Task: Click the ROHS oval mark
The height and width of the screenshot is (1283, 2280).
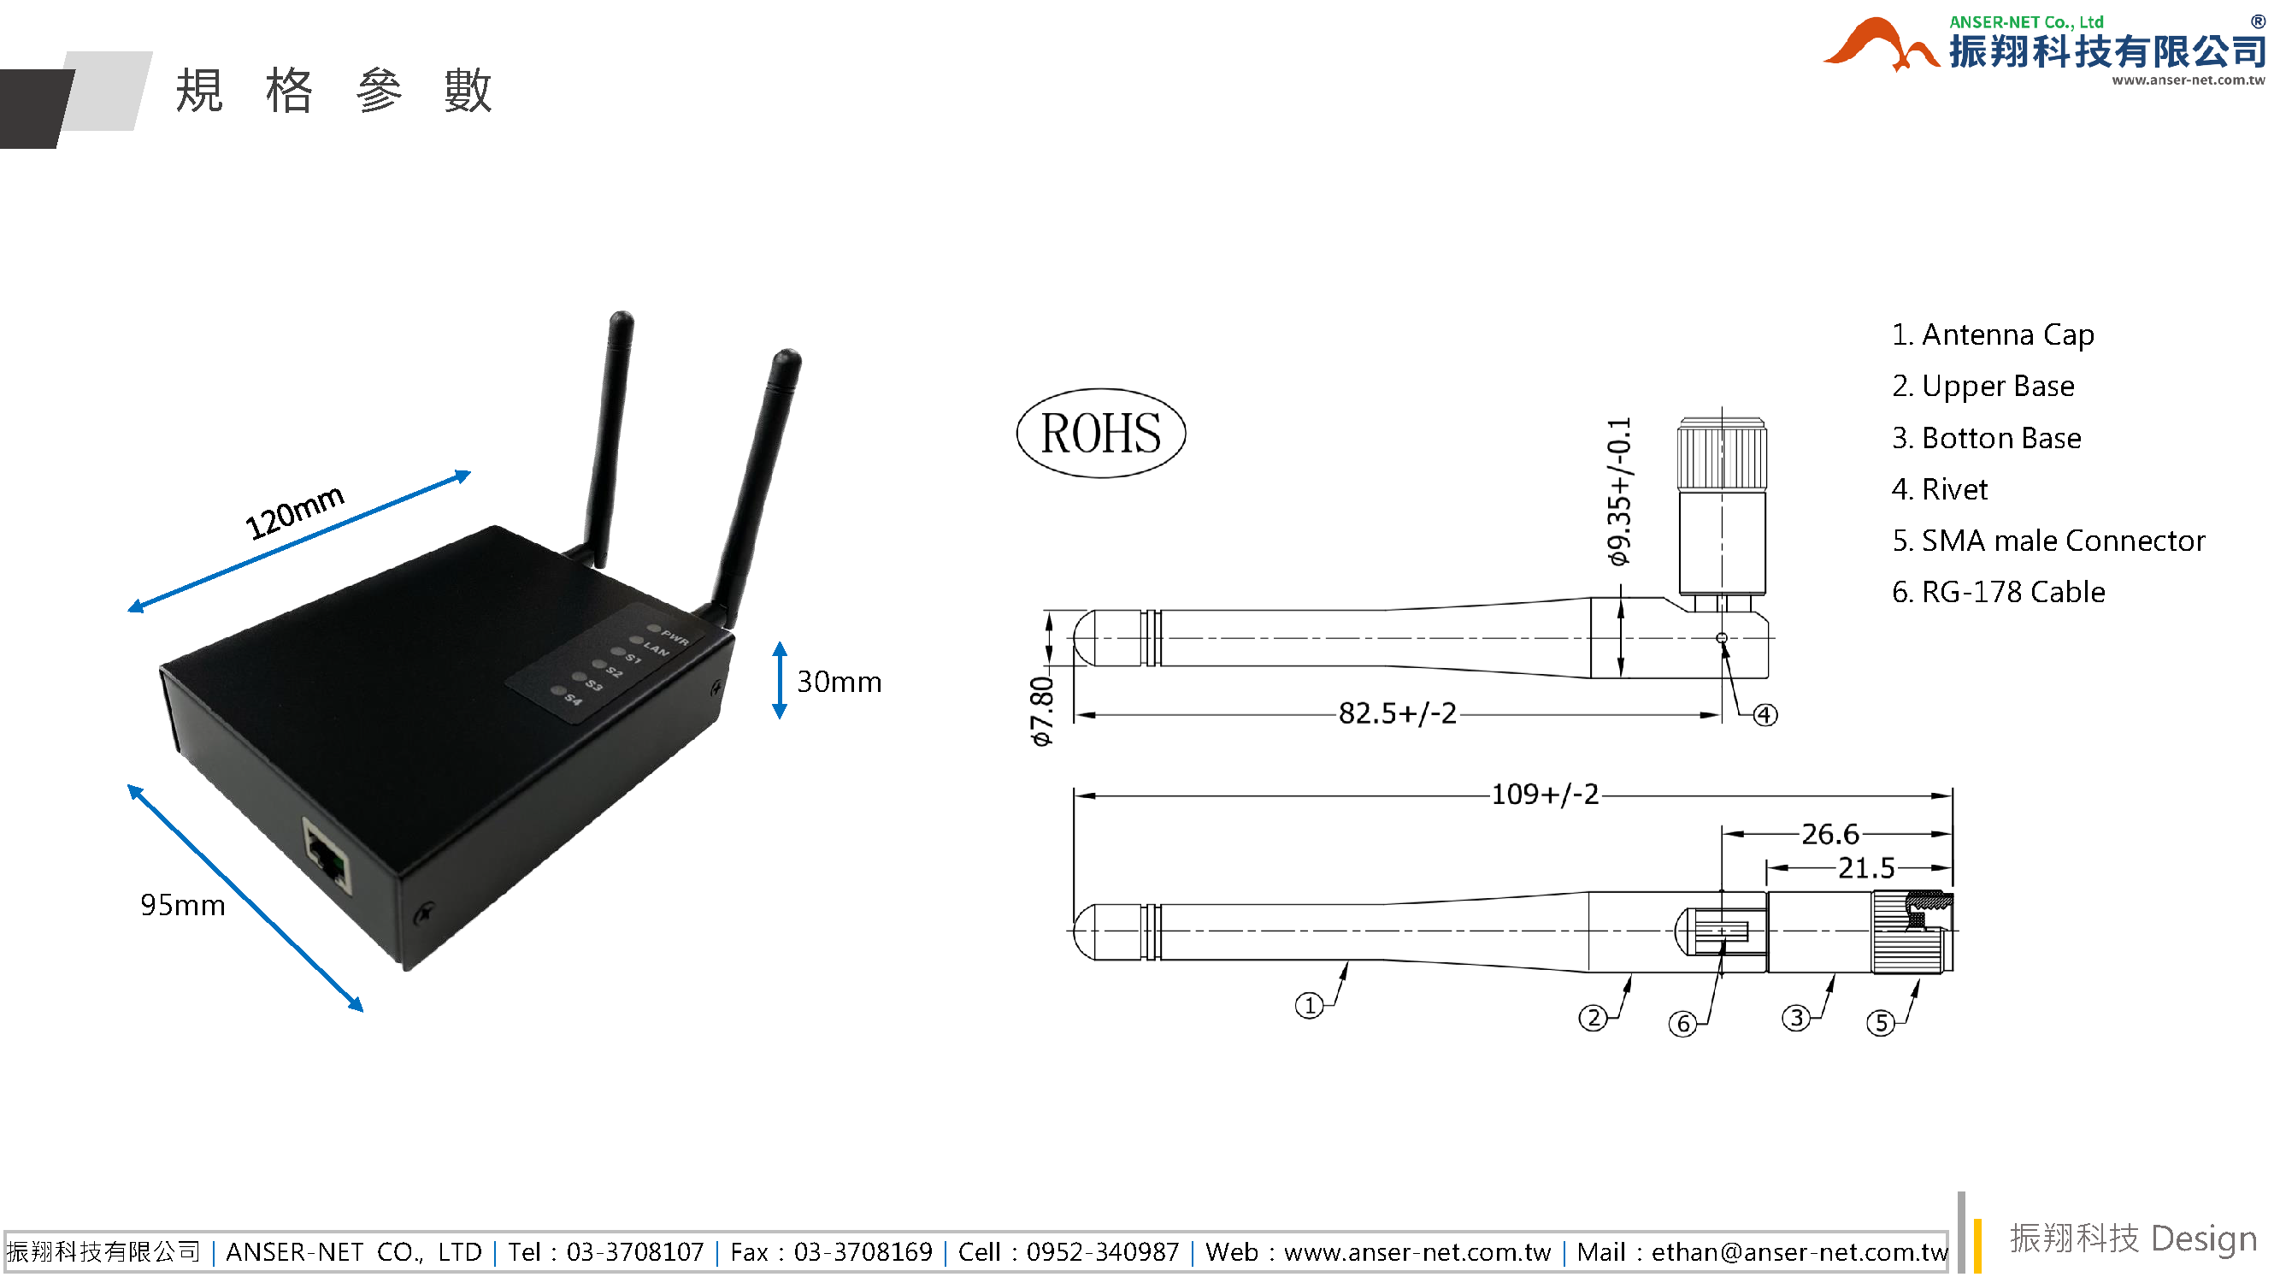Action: (x=1100, y=433)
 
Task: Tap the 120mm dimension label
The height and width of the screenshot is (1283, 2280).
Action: (x=294, y=511)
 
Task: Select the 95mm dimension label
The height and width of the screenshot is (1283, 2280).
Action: (x=182, y=905)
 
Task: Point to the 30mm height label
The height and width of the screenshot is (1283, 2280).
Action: (x=838, y=682)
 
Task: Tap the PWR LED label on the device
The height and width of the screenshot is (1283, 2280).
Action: (x=675, y=636)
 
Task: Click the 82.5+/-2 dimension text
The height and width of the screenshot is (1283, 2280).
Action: (x=1397, y=712)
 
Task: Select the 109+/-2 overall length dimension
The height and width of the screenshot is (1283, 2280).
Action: (x=1545, y=795)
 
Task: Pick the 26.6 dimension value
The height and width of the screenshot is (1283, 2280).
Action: (x=1829, y=833)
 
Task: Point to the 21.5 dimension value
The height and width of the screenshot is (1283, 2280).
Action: (x=1865, y=867)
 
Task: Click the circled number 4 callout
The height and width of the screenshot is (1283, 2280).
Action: (x=1764, y=714)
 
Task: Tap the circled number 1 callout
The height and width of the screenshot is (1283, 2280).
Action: (x=1308, y=1005)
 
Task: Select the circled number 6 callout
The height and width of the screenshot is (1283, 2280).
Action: (x=1682, y=1024)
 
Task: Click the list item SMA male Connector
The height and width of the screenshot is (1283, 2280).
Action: (x=2047, y=540)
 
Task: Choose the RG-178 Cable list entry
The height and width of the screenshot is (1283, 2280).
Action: (x=1998, y=592)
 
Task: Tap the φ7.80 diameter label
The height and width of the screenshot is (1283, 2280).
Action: (x=1042, y=711)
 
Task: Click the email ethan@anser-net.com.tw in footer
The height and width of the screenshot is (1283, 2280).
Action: (x=1799, y=1251)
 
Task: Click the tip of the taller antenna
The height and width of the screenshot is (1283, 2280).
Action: (x=622, y=319)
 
